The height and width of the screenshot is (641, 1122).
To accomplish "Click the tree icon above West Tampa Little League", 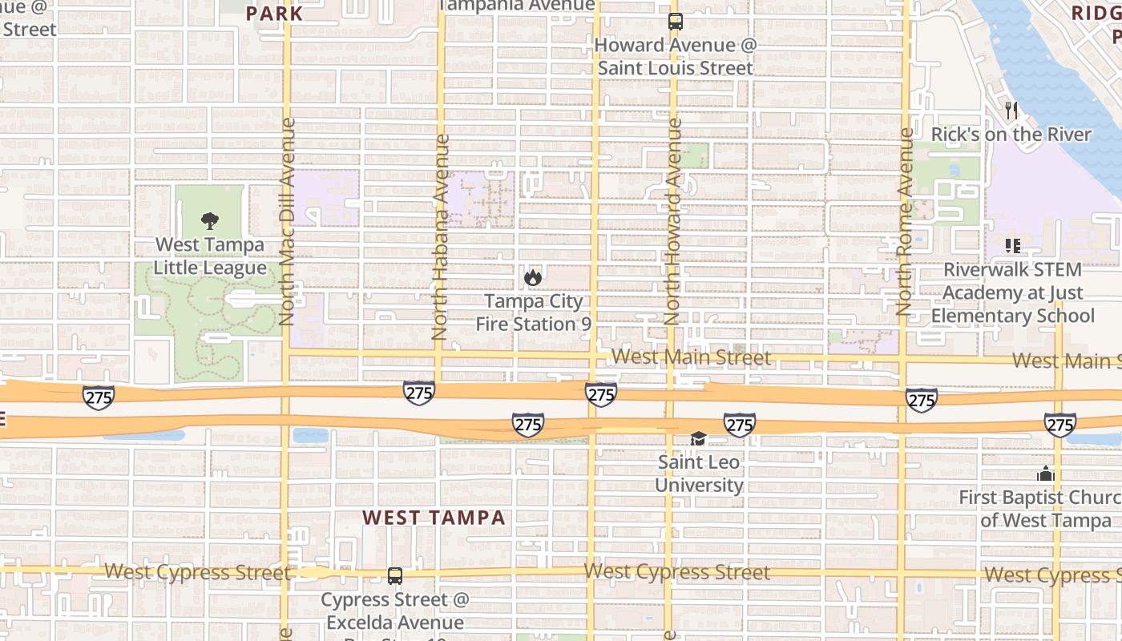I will pyautogui.click(x=210, y=221).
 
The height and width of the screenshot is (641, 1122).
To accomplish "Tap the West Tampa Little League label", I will pyautogui.click(x=210, y=256).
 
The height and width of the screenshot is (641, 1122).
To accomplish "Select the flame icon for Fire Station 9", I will pyautogui.click(x=532, y=278).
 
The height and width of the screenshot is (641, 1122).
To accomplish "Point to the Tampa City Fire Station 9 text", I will pyautogui.click(x=533, y=312).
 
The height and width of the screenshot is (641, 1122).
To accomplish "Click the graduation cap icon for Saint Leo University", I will pyautogui.click(x=699, y=438).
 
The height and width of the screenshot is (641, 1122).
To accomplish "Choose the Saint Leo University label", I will pyautogui.click(x=699, y=474).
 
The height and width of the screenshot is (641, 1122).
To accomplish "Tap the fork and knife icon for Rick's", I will pyautogui.click(x=1011, y=111).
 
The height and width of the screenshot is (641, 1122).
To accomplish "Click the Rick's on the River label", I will pyautogui.click(x=1011, y=135).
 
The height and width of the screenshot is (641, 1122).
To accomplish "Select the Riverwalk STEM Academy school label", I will pyautogui.click(x=1012, y=292).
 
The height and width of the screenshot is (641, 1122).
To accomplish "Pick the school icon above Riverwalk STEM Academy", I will pyautogui.click(x=1012, y=246).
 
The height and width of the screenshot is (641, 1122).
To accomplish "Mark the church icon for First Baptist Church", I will pyautogui.click(x=1045, y=474).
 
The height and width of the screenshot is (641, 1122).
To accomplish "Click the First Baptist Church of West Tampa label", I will pyautogui.click(x=1040, y=509).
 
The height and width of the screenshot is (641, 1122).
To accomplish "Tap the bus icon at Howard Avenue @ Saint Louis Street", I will pyautogui.click(x=675, y=22).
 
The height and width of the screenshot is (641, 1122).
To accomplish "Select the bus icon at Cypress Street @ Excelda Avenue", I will pyautogui.click(x=395, y=575).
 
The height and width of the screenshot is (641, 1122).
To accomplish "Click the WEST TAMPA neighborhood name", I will pyautogui.click(x=434, y=518).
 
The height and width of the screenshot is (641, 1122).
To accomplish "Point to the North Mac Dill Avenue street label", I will pyautogui.click(x=288, y=222).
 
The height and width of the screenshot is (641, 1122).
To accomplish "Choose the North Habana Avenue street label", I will pyautogui.click(x=440, y=236).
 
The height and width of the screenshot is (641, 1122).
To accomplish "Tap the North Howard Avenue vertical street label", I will pyautogui.click(x=673, y=222).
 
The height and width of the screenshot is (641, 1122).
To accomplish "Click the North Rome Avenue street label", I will pyautogui.click(x=905, y=222).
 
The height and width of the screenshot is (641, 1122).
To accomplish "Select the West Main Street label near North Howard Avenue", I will pyautogui.click(x=691, y=357).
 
